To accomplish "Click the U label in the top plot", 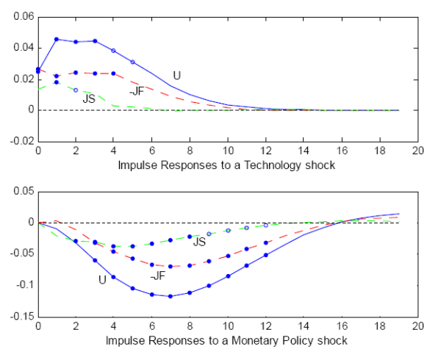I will point(176,75).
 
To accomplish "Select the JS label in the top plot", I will point(88,98).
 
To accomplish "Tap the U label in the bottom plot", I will point(102,279).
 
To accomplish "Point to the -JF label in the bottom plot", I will point(157,276).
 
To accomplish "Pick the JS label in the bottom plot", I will point(198,242).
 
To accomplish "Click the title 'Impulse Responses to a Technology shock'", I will point(226,165).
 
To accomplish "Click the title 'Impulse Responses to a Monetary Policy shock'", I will point(226,341).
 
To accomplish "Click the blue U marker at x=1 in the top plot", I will point(57,40).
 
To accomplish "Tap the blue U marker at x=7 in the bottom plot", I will point(171,296).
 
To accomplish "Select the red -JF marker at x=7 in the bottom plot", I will point(171,267).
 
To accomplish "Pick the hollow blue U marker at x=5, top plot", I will point(132,62).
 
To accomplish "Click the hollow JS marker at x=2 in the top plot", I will point(75,90).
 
